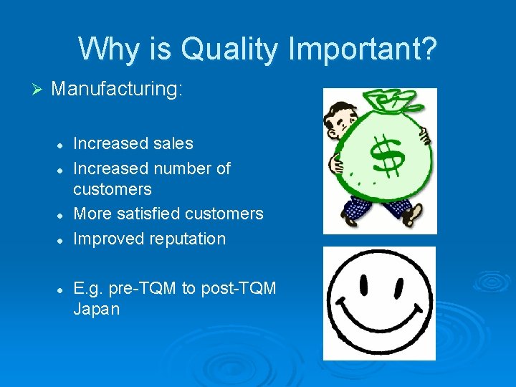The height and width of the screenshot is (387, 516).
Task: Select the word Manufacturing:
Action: (118, 90)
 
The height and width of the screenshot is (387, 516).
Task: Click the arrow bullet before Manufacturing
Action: (39, 90)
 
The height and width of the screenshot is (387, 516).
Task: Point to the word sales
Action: (173, 143)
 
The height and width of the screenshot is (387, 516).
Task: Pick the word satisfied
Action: (147, 214)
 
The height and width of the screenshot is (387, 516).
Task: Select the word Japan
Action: (97, 310)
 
